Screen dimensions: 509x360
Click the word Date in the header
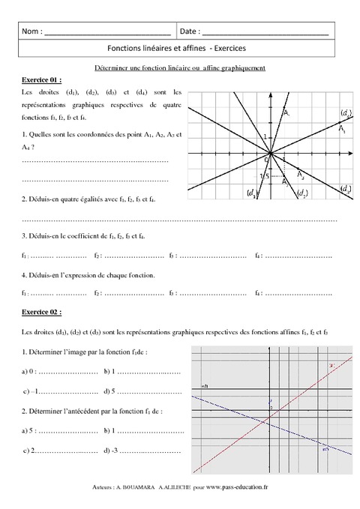190,32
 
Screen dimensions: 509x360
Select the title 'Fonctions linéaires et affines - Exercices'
181,49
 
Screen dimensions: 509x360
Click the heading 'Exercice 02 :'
39,310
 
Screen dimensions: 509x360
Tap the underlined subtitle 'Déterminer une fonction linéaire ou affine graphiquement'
181,67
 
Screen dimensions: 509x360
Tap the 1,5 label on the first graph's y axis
263,176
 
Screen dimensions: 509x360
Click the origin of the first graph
270,154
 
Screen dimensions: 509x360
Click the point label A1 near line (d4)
342,130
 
